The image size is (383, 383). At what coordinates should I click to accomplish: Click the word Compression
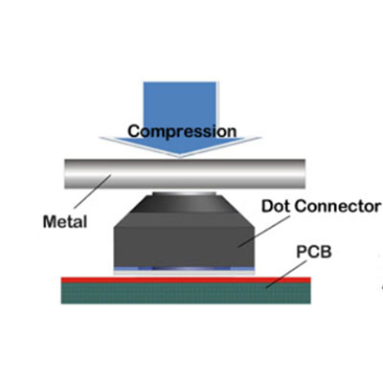182,131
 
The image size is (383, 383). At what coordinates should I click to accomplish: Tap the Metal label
65,222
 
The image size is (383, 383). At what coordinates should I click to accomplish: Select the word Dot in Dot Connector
276,206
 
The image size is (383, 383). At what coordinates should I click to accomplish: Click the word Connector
338,206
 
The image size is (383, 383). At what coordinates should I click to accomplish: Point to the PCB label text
314,252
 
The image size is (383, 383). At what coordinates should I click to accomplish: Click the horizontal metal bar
185,173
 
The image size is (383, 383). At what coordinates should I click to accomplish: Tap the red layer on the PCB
186,280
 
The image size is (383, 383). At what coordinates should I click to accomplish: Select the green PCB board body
186,293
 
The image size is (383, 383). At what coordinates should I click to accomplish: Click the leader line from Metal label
93,191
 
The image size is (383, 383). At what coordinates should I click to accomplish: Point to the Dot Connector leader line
264,232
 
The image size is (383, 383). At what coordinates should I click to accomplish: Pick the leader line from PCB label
286,274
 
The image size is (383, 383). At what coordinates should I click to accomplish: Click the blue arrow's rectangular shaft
180,109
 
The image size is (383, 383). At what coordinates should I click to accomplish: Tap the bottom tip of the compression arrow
180,157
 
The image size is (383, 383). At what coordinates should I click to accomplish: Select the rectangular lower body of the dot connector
184,246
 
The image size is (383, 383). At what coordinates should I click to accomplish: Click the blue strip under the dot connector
184,269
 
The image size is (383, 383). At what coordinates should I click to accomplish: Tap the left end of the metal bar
65,173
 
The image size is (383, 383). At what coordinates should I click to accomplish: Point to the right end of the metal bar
304,173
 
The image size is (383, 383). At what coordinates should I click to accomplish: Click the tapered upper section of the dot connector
184,211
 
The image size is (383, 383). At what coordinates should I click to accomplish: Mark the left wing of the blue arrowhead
127,142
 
